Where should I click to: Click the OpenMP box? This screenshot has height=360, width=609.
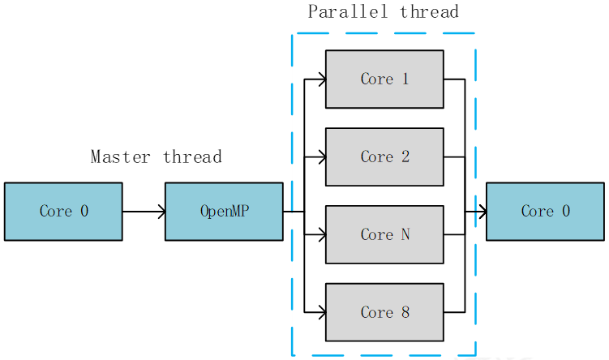click(224, 212)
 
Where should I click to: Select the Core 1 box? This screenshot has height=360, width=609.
click(384, 79)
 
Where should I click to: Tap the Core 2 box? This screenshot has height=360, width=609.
click(384, 156)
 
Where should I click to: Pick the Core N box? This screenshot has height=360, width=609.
click(384, 234)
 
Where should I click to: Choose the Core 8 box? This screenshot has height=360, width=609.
click(384, 312)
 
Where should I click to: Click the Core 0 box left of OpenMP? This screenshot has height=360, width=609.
click(63, 212)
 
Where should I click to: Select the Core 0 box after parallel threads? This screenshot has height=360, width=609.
click(545, 212)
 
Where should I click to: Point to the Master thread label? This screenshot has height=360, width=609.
click(156, 156)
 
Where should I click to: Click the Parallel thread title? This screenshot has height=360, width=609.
click(383, 11)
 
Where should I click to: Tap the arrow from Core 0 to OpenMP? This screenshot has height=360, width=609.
click(144, 212)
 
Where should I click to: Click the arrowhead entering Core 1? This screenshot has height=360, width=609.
click(321, 79)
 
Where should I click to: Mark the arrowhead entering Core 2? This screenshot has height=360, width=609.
click(321, 157)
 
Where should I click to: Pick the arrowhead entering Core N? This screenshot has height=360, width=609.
click(321, 235)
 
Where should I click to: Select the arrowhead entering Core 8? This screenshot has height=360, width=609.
click(321, 311)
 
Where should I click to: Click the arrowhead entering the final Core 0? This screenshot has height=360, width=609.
click(482, 212)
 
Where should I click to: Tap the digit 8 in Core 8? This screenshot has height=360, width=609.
click(405, 312)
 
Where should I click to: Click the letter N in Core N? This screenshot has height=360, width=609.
click(405, 234)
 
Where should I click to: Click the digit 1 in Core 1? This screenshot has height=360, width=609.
click(405, 79)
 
